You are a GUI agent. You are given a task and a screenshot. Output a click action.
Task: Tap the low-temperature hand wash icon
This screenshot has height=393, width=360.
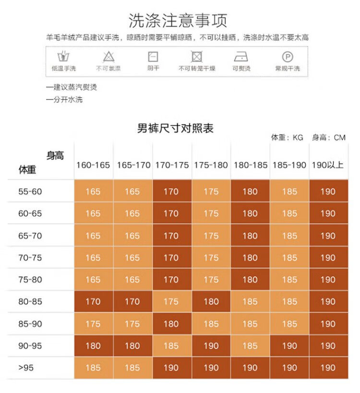coord(63,57)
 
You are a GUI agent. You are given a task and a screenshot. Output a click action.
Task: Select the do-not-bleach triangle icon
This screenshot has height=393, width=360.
coord(109,57)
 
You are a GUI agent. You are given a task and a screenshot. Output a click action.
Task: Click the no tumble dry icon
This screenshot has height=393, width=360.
coord(197,57)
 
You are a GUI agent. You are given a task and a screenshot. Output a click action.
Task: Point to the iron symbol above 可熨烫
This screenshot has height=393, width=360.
coord(241,57)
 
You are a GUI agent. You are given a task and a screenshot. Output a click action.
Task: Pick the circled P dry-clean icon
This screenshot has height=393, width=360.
coord(287,57)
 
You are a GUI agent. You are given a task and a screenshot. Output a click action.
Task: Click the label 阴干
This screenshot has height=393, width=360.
coord(153,69)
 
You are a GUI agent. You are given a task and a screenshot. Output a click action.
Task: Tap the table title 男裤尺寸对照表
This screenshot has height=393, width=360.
coord(175,128)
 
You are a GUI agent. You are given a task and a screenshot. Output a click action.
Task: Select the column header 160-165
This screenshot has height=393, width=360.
coord(93,165)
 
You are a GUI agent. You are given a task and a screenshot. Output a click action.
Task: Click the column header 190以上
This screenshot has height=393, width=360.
coord(328,165)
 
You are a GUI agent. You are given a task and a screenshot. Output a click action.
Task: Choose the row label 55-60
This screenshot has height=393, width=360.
coord(30,191)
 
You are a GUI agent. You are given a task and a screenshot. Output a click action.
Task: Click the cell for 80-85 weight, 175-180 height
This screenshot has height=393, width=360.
coord(211,302)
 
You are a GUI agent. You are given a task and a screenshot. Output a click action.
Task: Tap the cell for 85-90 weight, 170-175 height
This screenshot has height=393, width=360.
coord(171,324)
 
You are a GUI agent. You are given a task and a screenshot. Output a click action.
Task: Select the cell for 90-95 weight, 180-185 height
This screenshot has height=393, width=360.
coord(250,346)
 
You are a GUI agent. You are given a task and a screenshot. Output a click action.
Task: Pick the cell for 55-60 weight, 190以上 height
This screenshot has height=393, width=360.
coord(328,191)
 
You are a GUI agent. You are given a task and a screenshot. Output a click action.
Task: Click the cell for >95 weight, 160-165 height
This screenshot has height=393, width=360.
coord(93,368)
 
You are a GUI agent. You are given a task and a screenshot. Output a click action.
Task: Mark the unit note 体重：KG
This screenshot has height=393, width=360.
coord(287,138)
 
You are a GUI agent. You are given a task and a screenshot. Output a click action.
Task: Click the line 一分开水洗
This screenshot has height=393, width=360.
coord(64,100)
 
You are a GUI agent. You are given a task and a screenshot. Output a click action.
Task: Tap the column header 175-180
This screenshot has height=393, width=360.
coord(211,165)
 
